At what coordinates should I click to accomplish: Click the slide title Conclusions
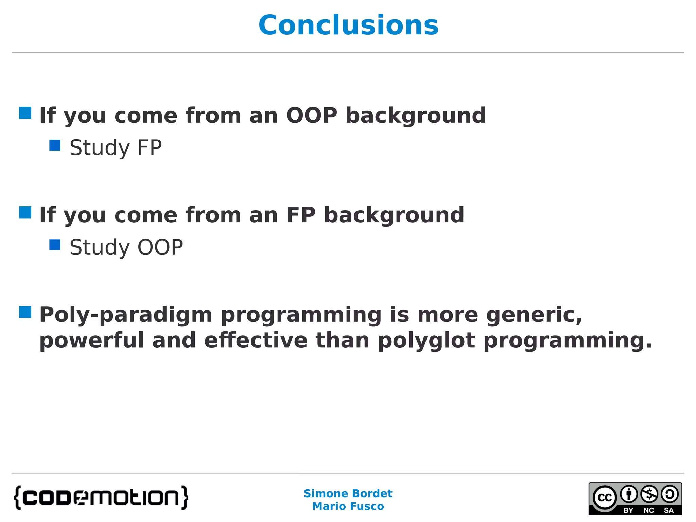(x=348, y=25)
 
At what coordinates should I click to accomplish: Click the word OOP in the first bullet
(x=312, y=115)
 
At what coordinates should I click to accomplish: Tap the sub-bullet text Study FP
(x=116, y=147)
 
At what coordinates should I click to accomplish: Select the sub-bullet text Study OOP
(x=126, y=247)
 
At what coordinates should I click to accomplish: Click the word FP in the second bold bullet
(x=301, y=215)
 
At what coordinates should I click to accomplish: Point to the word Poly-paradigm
(x=126, y=315)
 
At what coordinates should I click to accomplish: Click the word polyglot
(x=427, y=341)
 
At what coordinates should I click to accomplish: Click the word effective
(x=256, y=341)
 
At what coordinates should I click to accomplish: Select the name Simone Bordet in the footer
(x=348, y=493)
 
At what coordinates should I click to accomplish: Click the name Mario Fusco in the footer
(x=348, y=506)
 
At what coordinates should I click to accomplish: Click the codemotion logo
(x=101, y=498)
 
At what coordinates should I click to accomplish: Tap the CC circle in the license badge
(x=605, y=498)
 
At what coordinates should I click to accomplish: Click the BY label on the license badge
(x=628, y=510)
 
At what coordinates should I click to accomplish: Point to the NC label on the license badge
(x=649, y=510)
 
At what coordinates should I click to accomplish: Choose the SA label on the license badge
(x=668, y=510)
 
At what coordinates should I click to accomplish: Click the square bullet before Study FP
(x=55, y=145)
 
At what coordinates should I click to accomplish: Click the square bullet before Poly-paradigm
(x=25, y=312)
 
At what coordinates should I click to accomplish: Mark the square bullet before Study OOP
(x=55, y=245)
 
